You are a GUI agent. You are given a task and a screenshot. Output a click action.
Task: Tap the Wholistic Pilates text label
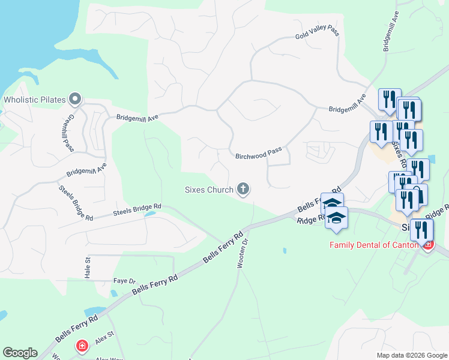(x=35, y=99)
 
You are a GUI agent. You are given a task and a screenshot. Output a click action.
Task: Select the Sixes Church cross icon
(x=243, y=190)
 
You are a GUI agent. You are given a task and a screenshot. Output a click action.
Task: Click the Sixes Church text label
(x=208, y=190)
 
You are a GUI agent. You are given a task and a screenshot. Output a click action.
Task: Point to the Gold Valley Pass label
(x=317, y=32)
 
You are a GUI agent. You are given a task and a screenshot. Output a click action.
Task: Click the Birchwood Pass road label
(x=258, y=154)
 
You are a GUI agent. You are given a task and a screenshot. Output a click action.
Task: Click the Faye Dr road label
(x=125, y=281)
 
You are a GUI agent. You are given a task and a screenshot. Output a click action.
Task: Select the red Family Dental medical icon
(x=427, y=244)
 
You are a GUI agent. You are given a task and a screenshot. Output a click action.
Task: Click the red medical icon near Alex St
(x=82, y=347)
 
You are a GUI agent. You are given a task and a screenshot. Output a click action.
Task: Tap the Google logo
(x=20, y=353)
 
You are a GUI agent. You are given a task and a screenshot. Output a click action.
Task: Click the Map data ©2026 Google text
(x=411, y=355)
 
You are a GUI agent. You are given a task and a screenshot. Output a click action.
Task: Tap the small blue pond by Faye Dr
(x=114, y=293)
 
